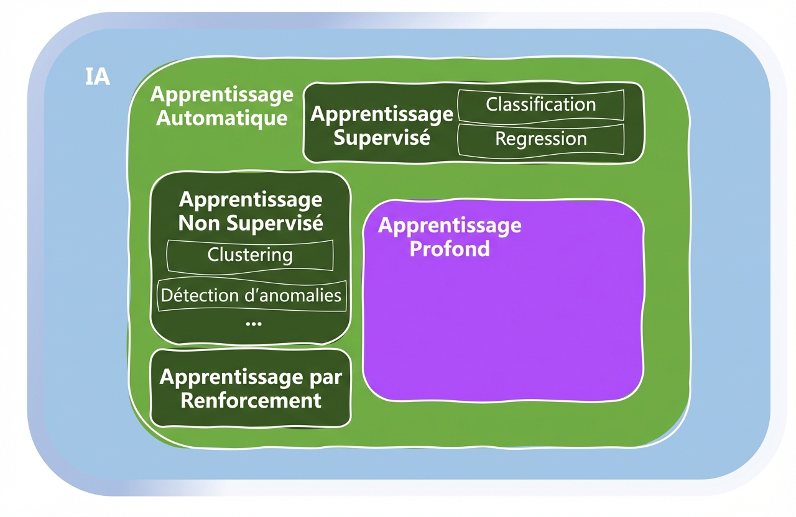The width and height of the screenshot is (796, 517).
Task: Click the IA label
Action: [x=97, y=77]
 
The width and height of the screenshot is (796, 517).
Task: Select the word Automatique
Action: [x=221, y=117]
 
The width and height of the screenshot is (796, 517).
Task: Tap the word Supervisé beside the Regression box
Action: [x=381, y=137]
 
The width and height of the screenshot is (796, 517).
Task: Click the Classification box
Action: [x=540, y=104]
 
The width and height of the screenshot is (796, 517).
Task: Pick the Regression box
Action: [x=540, y=139]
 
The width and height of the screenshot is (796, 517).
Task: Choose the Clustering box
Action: [x=250, y=255]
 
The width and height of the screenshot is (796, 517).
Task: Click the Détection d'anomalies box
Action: [x=251, y=295]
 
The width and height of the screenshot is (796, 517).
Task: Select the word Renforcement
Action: [x=251, y=400]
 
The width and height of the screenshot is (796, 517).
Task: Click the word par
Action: [x=326, y=377]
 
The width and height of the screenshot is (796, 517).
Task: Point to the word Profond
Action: [x=449, y=249]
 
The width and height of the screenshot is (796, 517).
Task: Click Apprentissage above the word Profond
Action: [x=449, y=225]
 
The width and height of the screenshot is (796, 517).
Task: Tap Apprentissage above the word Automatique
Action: [x=221, y=94]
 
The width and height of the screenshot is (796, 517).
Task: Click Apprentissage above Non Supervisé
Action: [x=251, y=200]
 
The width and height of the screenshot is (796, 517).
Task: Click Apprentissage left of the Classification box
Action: [x=381, y=114]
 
